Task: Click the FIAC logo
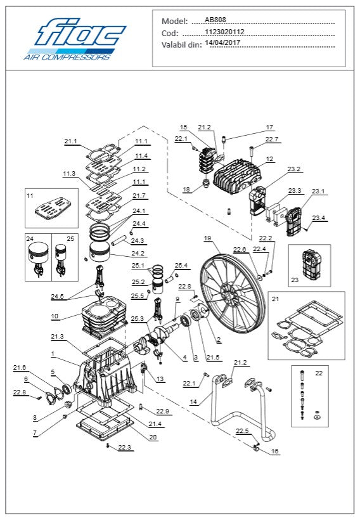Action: pyautogui.click(x=75, y=39)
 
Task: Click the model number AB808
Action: pyautogui.click(x=215, y=20)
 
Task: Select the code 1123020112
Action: pyautogui.click(x=224, y=32)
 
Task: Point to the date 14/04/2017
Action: pyautogui.click(x=222, y=42)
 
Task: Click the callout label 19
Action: pyautogui.click(x=207, y=238)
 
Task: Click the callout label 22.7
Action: pyautogui.click(x=272, y=139)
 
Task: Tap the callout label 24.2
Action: pyautogui.click(x=138, y=254)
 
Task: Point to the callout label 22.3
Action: pyautogui.click(x=124, y=447)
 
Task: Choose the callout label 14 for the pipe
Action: pyautogui.click(x=193, y=402)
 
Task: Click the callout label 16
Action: pyautogui.click(x=275, y=451)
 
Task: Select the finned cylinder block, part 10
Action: pyautogui.click(x=105, y=318)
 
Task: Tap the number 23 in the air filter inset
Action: pyautogui.click(x=295, y=280)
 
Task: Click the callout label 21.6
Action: pyautogui.click(x=20, y=368)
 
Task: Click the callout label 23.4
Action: pyautogui.click(x=318, y=217)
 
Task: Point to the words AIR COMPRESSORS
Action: pyautogui.click(x=67, y=57)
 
